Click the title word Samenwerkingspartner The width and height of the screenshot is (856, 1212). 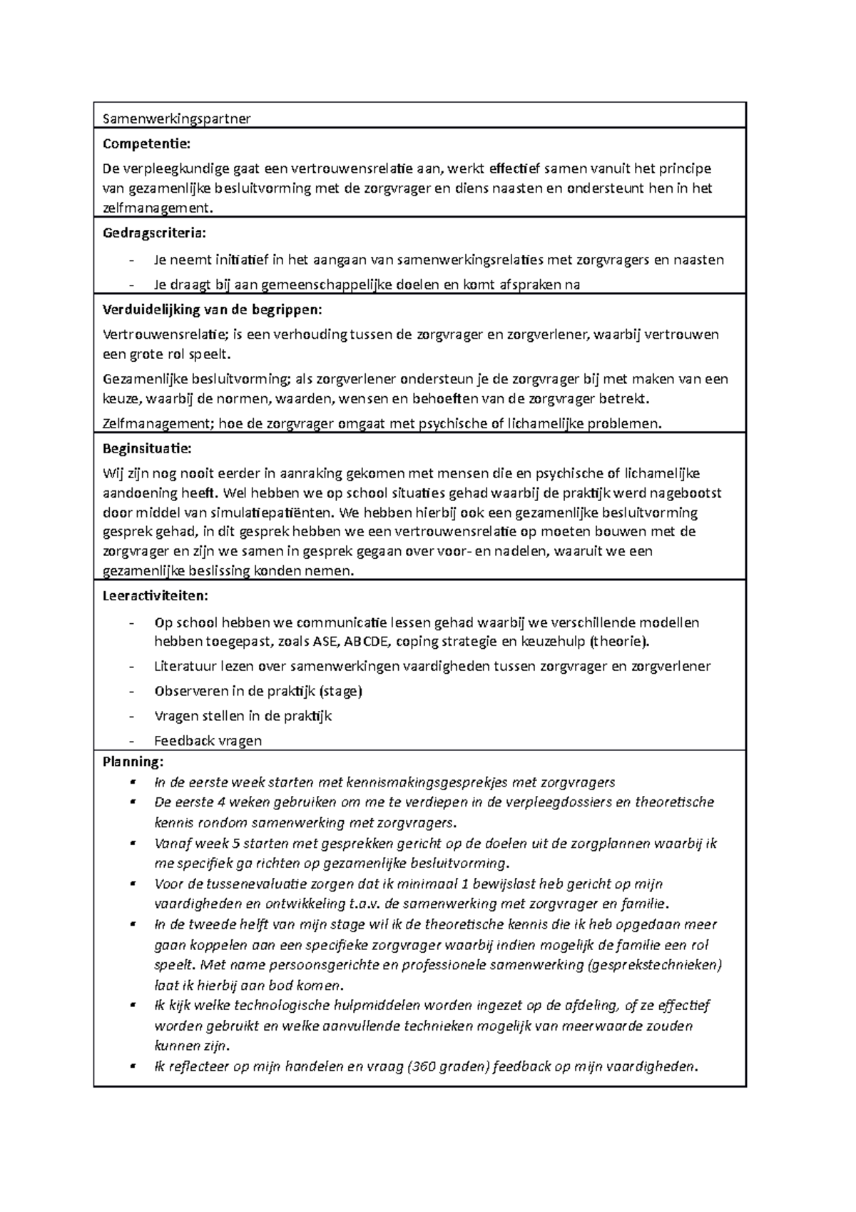[176, 118]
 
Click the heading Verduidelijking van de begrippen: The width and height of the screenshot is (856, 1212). [213, 309]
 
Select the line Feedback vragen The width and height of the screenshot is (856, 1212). [208, 740]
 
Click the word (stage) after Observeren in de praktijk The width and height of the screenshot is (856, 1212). [340, 691]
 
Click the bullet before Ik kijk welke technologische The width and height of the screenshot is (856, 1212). [133, 1005]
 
